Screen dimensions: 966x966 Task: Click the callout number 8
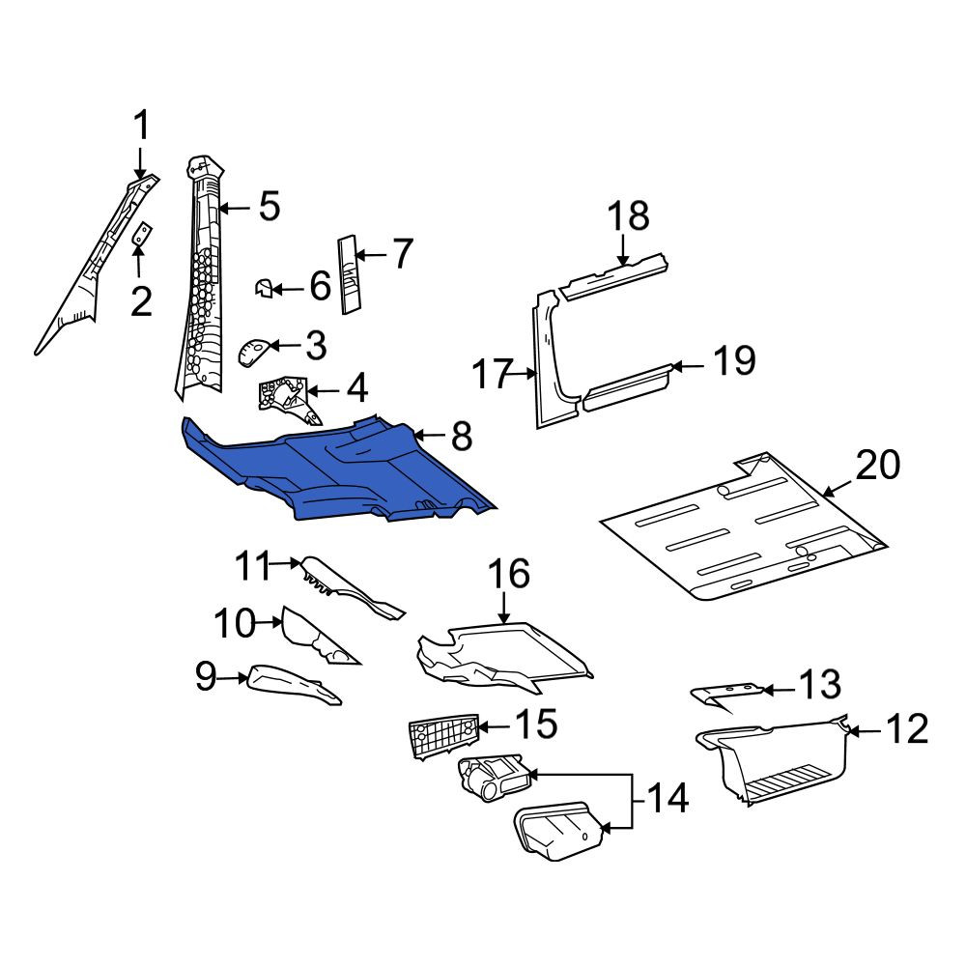tap(462, 437)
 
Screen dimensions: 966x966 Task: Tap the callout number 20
tap(878, 465)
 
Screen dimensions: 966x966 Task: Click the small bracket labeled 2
tap(143, 234)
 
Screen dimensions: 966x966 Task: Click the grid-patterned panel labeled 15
tap(443, 735)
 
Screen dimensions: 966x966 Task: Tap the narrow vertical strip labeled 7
tap(350, 274)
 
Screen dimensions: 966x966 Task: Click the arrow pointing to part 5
tap(234, 209)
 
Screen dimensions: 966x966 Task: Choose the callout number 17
tap(493, 374)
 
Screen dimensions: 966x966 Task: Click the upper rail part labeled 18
tap(614, 275)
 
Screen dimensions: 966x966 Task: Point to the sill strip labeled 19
tap(628, 387)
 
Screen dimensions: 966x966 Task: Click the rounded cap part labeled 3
tap(252, 352)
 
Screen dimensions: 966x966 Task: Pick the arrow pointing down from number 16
tap(504, 610)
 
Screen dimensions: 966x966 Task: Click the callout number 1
tap(142, 125)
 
